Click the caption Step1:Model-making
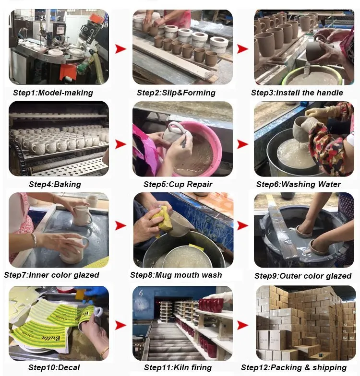click(53, 93)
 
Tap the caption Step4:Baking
click(55, 184)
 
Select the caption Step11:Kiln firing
click(178, 367)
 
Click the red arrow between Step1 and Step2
click(120, 49)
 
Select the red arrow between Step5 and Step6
click(243, 144)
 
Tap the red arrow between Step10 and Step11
click(120, 325)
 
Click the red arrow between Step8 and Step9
click(243, 225)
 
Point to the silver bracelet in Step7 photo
click(35, 240)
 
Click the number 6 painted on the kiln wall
click(141, 293)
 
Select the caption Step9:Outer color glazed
click(303, 276)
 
